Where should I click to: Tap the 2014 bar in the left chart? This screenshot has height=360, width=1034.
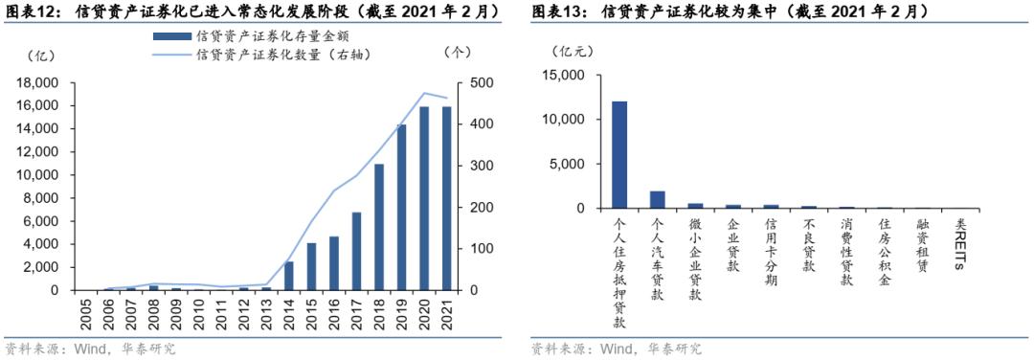point(288,276)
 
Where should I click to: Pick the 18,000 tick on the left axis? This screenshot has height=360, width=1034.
point(39,83)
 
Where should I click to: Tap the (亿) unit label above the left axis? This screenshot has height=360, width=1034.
point(42,55)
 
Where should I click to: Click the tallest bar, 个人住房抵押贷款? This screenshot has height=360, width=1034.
point(619,154)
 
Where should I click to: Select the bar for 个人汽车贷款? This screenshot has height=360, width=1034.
point(657,199)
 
